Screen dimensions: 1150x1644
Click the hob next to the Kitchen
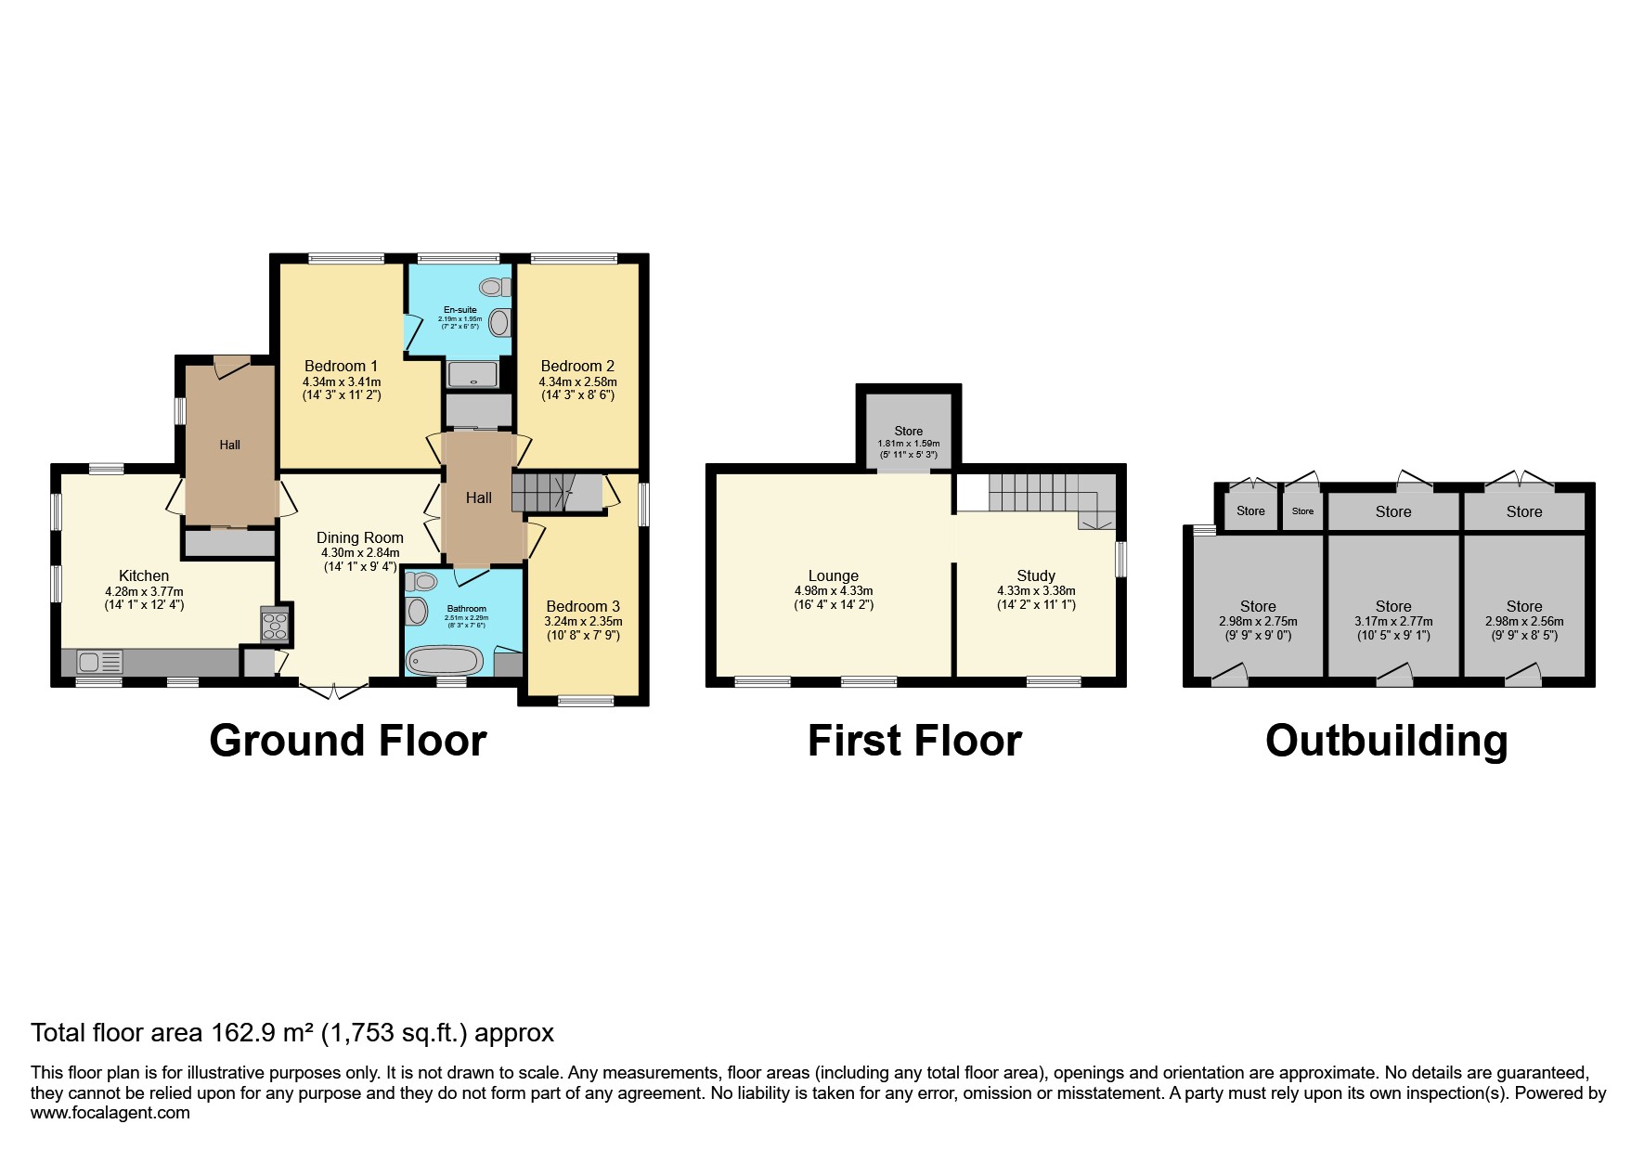tap(276, 625)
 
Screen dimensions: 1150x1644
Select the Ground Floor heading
tap(347, 741)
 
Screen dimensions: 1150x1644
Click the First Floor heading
tap(914, 741)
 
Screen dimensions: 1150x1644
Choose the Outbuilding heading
tap(1386, 741)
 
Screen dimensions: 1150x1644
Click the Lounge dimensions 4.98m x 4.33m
tap(833, 591)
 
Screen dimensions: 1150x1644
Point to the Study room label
tap(1036, 575)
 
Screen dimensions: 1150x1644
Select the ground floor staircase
tap(544, 491)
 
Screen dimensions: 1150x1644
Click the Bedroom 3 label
tap(583, 606)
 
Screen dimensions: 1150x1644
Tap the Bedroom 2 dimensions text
tap(577, 388)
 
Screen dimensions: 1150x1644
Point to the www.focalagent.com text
tap(110, 1113)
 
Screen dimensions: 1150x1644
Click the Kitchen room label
tap(144, 575)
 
